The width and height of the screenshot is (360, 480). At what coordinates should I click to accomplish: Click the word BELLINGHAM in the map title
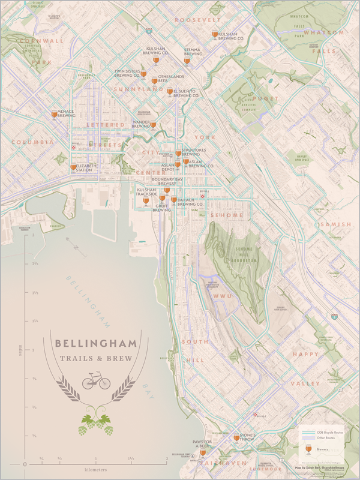pos(95,344)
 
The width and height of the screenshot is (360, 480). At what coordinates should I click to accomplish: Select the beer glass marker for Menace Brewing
pos(55,113)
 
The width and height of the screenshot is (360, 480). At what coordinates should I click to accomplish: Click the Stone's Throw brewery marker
pos(236,439)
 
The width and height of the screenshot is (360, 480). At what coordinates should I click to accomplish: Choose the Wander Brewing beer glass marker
pos(153,125)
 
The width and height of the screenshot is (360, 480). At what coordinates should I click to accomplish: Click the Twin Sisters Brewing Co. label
pos(127,73)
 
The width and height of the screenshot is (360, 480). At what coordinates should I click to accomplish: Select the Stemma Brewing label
pos(192,52)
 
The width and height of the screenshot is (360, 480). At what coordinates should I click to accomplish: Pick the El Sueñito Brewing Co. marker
pos(170,92)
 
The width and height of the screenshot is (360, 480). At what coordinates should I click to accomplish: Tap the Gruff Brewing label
pos(161,208)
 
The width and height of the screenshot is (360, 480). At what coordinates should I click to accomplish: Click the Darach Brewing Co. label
pos(190,204)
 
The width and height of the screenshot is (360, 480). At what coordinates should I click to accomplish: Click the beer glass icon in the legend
pos(308,449)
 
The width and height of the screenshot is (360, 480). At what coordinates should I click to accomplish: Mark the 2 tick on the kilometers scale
pos(166,458)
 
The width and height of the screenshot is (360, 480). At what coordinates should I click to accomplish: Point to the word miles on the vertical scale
pos(20,350)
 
